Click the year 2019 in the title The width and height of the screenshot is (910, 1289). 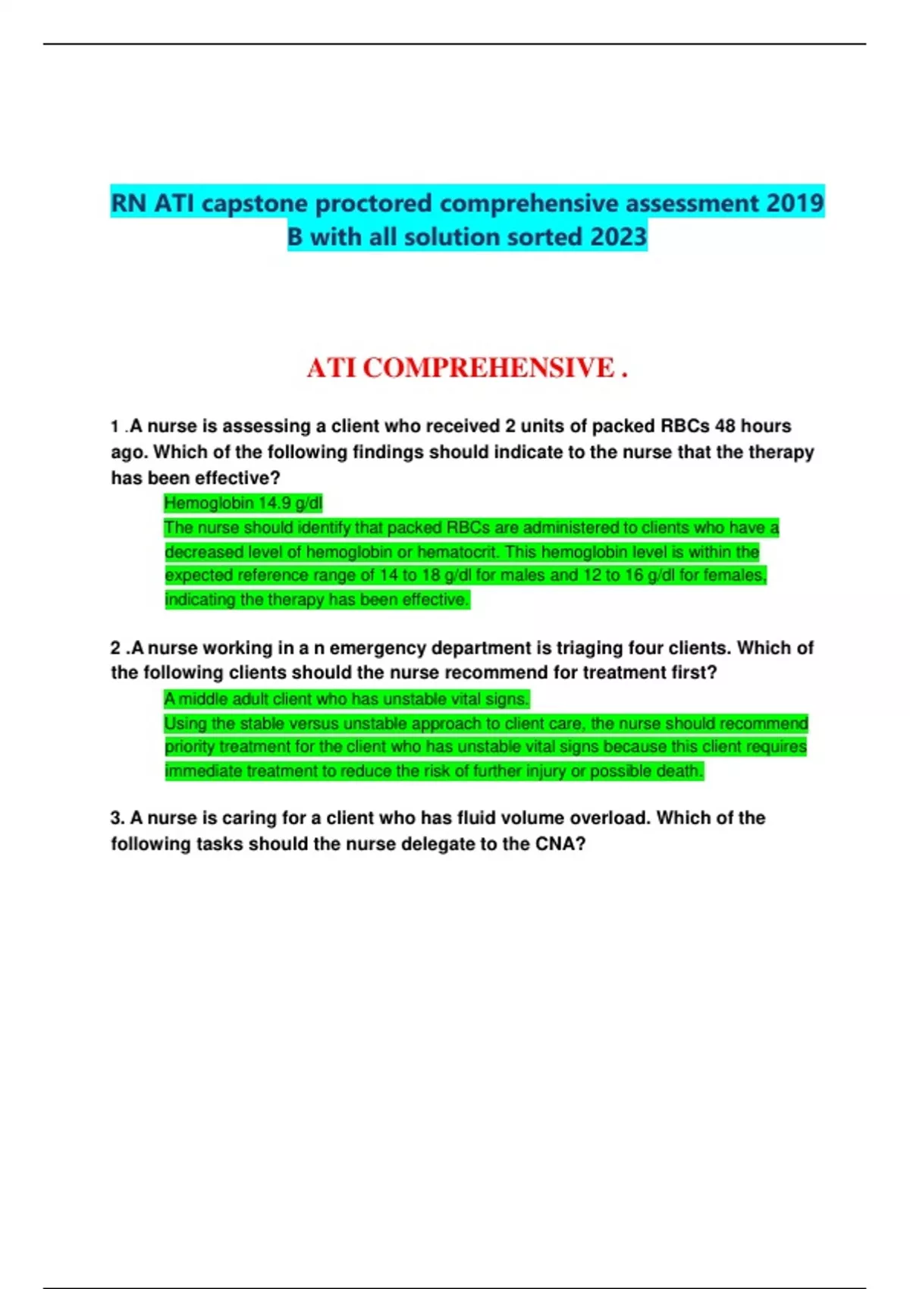[x=795, y=203]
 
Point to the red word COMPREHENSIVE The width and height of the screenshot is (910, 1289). [x=488, y=368]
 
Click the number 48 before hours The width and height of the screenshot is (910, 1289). [x=726, y=426]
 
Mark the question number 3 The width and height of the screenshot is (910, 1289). [x=118, y=818]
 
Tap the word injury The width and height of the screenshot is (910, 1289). [x=520, y=771]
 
